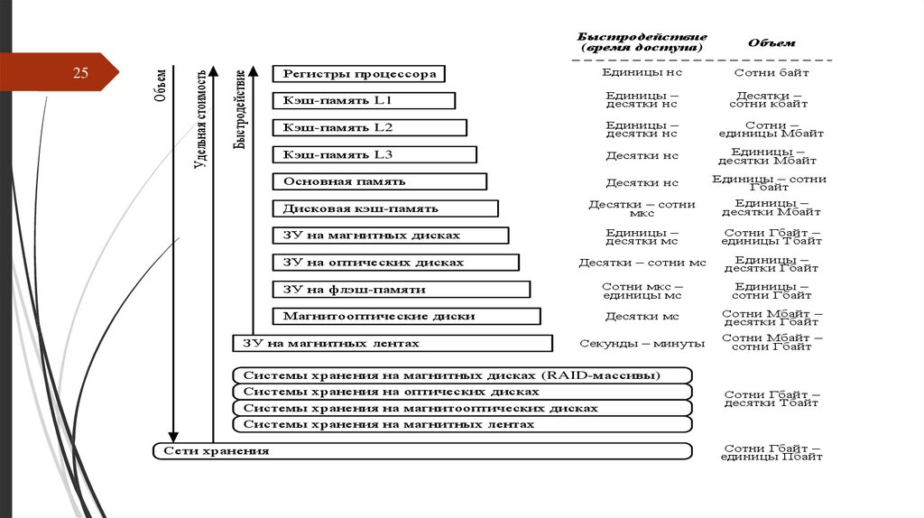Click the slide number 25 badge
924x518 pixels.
click(x=80, y=73)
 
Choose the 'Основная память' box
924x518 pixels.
click(x=380, y=181)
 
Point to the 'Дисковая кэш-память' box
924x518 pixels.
click(x=385, y=208)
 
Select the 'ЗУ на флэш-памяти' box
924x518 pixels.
click(x=401, y=290)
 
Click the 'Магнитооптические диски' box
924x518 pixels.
click(x=406, y=317)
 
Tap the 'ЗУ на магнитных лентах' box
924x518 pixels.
click(x=393, y=343)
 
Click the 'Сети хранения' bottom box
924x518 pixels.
click(x=421, y=450)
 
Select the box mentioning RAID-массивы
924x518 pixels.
click(x=462, y=375)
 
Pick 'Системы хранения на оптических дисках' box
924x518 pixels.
click(x=462, y=392)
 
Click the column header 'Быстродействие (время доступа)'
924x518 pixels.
click(x=642, y=42)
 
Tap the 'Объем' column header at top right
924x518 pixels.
click(x=772, y=42)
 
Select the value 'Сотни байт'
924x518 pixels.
click(x=772, y=72)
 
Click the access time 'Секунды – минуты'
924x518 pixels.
click(x=642, y=343)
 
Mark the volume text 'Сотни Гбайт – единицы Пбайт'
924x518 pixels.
click(x=772, y=452)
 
